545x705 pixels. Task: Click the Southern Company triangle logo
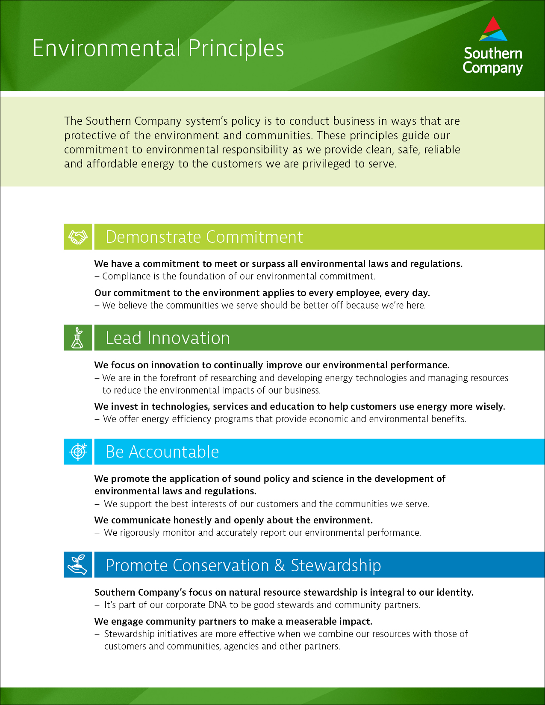pyautogui.click(x=493, y=29)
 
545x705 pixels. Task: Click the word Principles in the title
pyautogui.click(x=236, y=48)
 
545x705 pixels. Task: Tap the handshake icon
pyautogui.click(x=78, y=237)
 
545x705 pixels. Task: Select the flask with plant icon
pyautogui.click(x=78, y=338)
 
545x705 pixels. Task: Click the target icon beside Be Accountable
pyautogui.click(x=78, y=452)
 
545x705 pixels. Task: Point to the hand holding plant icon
pyautogui.click(x=78, y=565)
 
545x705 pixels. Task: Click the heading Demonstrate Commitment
pyautogui.click(x=204, y=237)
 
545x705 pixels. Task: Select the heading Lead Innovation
pyautogui.click(x=168, y=338)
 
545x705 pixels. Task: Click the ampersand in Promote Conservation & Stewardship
pyautogui.click(x=280, y=565)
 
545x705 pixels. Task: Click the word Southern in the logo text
pyautogui.click(x=493, y=53)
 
